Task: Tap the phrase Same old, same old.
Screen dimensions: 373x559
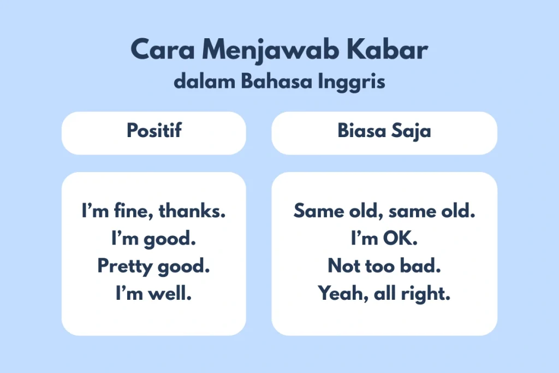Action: pos(384,211)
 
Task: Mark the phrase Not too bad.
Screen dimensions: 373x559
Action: pos(384,267)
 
